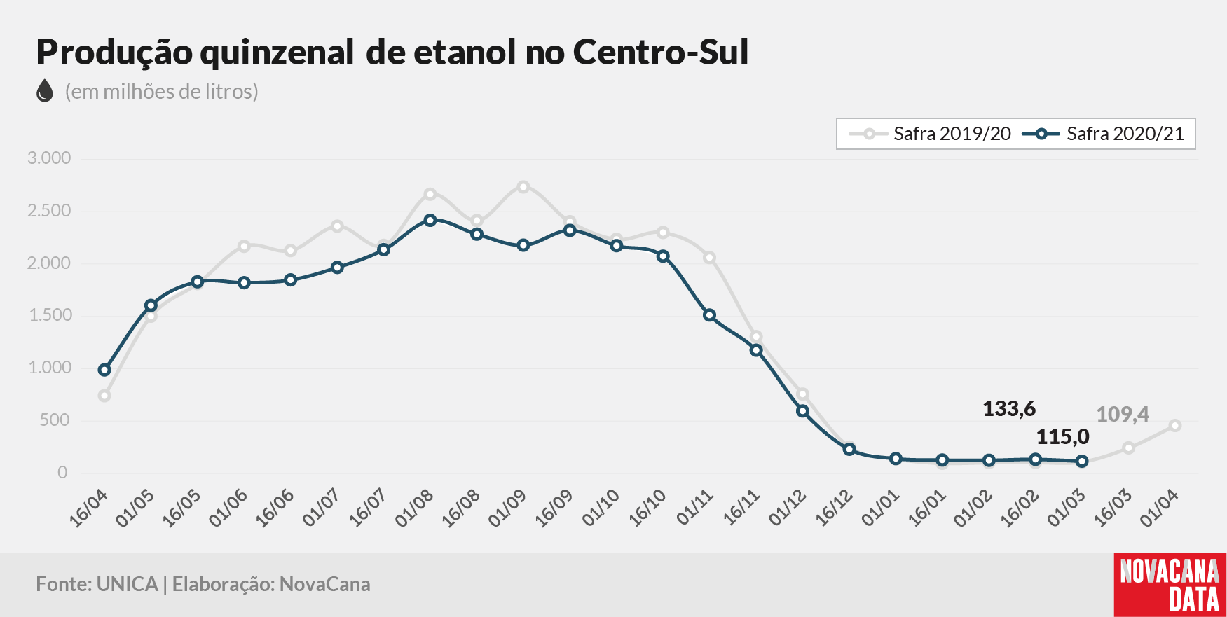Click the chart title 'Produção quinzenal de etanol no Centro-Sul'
point(392,53)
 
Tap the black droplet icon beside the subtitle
point(45,91)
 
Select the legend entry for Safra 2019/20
point(930,134)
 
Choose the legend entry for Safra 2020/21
point(1103,134)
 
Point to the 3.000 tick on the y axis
point(49,158)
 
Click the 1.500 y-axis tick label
point(50,315)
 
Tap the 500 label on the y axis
point(55,420)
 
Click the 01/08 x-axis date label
point(413,508)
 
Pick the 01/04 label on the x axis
point(1159,508)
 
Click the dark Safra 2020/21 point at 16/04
point(104,370)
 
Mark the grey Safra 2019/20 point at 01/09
point(523,187)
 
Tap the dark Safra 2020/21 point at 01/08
point(430,220)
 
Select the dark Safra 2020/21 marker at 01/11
point(709,315)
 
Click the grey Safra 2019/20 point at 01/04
point(1175,425)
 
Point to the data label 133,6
point(1009,409)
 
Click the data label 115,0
point(1063,437)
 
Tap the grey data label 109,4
point(1123,415)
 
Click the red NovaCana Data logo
point(1170,585)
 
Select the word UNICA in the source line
point(127,584)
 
